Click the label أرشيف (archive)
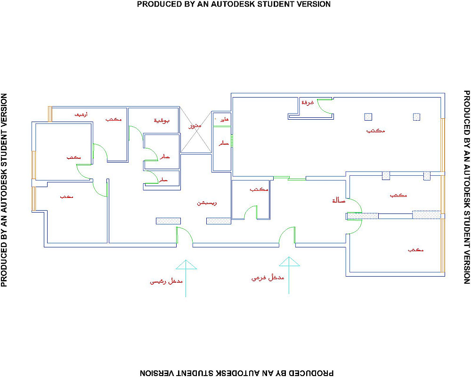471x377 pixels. [x=81, y=115]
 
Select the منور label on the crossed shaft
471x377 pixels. [x=195, y=126]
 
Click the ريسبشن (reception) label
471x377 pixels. [x=206, y=204]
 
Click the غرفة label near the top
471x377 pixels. [x=308, y=102]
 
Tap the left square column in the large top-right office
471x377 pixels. [x=368, y=117]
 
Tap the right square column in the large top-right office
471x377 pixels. [x=416, y=116]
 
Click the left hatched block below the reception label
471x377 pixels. [x=169, y=221]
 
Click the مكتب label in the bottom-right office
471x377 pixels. [x=415, y=249]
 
